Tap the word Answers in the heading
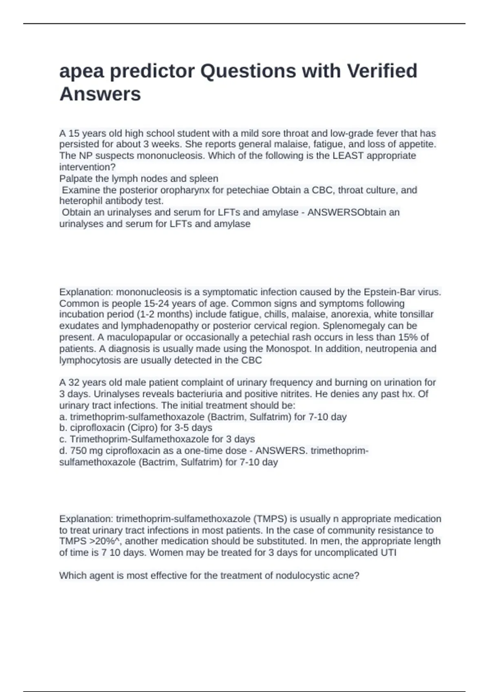point(100,94)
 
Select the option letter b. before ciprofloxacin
point(63,428)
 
